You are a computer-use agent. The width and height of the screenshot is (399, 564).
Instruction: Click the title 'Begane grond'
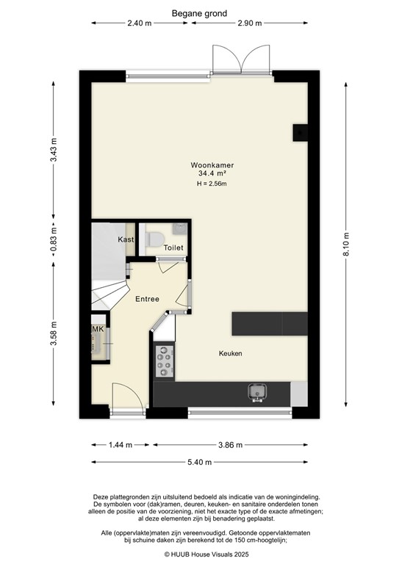point(199,12)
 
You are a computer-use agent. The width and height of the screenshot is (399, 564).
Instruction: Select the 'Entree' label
point(147,299)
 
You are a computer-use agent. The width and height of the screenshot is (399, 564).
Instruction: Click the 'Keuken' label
point(230,353)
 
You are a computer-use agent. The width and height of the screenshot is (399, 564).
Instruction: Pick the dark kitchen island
point(269,323)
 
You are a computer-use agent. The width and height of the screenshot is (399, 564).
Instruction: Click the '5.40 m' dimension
point(200,462)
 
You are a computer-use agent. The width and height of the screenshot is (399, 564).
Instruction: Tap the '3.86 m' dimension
point(231,444)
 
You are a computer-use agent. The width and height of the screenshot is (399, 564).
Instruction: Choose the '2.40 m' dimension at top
point(139,23)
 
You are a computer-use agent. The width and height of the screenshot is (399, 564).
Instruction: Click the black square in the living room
point(300,131)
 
